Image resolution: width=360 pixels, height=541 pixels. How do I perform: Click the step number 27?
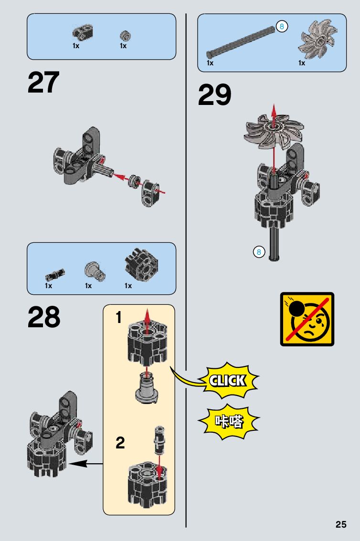click(43, 83)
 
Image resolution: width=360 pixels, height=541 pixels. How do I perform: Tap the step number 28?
click(44, 317)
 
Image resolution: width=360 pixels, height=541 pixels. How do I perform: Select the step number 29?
click(214, 95)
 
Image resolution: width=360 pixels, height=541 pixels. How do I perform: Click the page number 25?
click(340, 525)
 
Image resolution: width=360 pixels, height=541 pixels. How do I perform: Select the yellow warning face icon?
click(307, 319)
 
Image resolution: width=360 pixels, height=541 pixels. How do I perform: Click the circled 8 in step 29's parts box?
click(282, 27)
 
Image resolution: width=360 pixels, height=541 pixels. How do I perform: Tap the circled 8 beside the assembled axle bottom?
click(259, 252)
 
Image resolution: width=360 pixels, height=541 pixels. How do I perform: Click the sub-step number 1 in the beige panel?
click(118, 317)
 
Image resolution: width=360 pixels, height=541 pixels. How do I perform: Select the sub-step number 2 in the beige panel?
click(120, 443)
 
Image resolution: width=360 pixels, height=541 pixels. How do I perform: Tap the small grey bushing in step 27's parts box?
click(126, 35)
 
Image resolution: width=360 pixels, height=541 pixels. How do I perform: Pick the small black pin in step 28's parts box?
click(54, 274)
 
